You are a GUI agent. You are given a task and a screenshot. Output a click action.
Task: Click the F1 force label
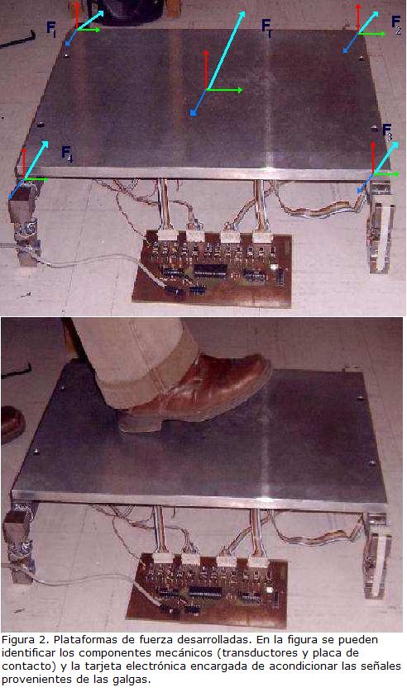[51, 29]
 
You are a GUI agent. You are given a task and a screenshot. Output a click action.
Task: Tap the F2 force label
[396, 24]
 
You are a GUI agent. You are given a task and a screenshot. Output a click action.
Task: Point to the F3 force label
[387, 132]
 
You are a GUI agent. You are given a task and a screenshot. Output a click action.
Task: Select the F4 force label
[67, 154]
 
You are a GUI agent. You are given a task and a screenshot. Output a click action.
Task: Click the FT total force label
[266, 26]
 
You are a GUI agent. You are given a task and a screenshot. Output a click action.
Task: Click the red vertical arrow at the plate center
[206, 69]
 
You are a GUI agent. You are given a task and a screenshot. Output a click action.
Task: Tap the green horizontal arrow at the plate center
[224, 90]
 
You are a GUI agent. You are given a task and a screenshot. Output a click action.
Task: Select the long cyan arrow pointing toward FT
[226, 50]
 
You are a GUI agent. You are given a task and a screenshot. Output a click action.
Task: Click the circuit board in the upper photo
[213, 268]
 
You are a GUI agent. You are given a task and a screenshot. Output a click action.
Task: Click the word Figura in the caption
[15, 640]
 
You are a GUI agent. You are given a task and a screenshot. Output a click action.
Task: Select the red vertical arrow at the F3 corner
[373, 157]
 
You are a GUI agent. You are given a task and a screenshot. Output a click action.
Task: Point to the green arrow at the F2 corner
[371, 34]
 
